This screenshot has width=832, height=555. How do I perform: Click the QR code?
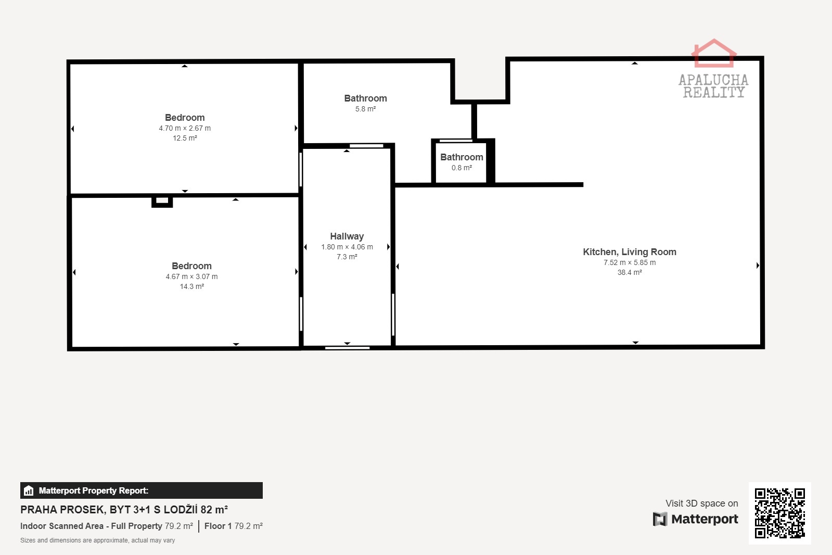(779, 513)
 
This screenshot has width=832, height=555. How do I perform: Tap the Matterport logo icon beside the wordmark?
(660, 519)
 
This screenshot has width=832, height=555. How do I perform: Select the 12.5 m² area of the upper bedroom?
(185, 138)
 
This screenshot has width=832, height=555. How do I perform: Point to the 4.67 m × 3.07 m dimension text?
(191, 276)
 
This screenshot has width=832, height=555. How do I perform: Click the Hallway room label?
(347, 236)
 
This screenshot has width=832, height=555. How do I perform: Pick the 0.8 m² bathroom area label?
(462, 168)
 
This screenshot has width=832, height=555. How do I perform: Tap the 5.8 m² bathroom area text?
(365, 109)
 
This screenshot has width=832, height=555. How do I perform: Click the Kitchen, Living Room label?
(630, 252)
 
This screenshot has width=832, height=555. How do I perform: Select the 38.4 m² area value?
(630, 272)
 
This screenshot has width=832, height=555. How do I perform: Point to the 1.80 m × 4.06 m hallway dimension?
(347, 247)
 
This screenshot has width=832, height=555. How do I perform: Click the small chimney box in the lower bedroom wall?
(162, 201)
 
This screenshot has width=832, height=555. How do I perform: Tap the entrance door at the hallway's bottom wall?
(347, 348)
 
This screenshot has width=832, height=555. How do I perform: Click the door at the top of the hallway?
(366, 146)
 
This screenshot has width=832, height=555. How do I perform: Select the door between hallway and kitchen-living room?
(393, 314)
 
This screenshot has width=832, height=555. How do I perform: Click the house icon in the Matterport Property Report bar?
(29, 490)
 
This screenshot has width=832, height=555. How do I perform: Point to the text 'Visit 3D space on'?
(701, 503)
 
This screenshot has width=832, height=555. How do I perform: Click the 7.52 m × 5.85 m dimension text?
(630, 262)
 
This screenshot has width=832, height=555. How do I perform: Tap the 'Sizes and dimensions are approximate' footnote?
(98, 540)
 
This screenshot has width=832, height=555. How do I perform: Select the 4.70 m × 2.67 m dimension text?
(185, 128)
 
